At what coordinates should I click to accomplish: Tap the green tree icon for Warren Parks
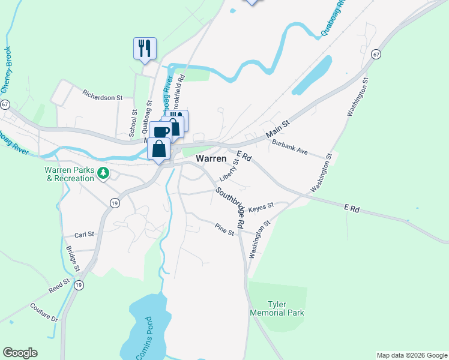point(103,173)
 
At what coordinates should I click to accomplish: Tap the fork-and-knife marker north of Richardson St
point(145,48)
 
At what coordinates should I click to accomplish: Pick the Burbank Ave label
point(289,148)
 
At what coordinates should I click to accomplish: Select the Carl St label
point(81,235)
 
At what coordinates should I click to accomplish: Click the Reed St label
point(60,285)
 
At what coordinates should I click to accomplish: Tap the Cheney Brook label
point(7,68)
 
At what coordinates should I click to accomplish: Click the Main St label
point(278,128)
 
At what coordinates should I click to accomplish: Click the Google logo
point(20,353)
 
